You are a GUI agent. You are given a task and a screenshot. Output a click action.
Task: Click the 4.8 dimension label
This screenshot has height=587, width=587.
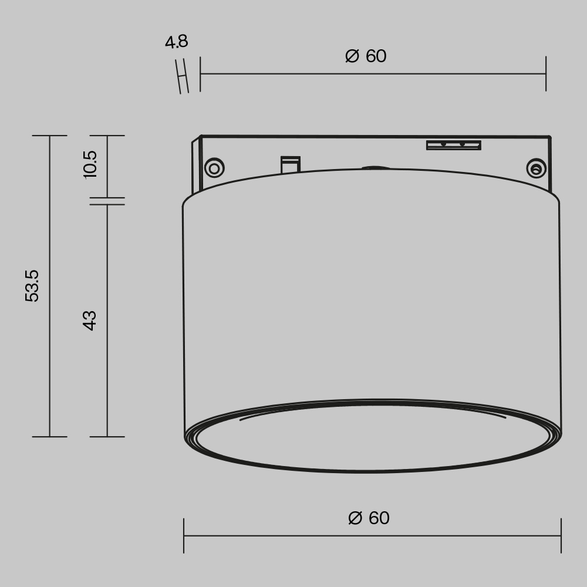(x=176, y=42)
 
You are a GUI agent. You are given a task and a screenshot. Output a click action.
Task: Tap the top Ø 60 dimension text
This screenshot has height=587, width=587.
(x=366, y=56)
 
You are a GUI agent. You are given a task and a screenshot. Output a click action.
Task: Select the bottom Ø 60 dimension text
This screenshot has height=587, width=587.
(x=369, y=518)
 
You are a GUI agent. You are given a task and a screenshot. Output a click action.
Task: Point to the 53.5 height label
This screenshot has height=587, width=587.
(x=32, y=286)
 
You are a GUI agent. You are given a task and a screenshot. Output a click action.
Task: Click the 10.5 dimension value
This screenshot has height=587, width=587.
(x=90, y=164)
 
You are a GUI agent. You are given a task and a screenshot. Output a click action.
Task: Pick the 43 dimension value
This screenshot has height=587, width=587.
(x=90, y=320)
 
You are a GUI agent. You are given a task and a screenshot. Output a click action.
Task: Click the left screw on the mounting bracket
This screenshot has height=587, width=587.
(x=214, y=168)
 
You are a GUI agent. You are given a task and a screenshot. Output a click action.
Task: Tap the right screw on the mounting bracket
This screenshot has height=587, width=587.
(x=536, y=169)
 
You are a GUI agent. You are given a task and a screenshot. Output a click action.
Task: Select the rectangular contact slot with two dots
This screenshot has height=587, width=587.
(x=454, y=145)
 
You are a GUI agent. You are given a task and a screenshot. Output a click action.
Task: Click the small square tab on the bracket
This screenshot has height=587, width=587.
(x=291, y=164)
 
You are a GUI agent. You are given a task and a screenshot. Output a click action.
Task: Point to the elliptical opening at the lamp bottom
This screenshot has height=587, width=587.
(x=373, y=437)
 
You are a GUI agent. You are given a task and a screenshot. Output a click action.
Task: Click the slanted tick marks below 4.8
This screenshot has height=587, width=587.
(x=183, y=76)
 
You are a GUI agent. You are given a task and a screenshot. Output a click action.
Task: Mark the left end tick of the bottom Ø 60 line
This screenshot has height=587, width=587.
(x=184, y=535)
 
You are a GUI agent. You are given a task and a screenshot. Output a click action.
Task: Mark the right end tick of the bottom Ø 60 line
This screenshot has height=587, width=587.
(x=561, y=535)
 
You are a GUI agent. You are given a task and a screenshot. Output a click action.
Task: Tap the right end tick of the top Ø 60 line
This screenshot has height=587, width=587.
(x=546, y=74)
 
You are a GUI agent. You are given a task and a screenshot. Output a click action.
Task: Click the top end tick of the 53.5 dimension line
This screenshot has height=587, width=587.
(x=49, y=136)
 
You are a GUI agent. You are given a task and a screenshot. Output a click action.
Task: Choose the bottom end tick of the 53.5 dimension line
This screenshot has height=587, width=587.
(x=49, y=437)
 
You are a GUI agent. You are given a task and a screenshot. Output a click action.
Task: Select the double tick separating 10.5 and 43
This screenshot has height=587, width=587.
(x=107, y=201)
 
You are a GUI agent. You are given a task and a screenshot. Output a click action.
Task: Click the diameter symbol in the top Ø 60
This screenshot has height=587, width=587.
(x=352, y=56)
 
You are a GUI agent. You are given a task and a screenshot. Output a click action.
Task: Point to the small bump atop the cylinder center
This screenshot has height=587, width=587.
(x=375, y=168)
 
